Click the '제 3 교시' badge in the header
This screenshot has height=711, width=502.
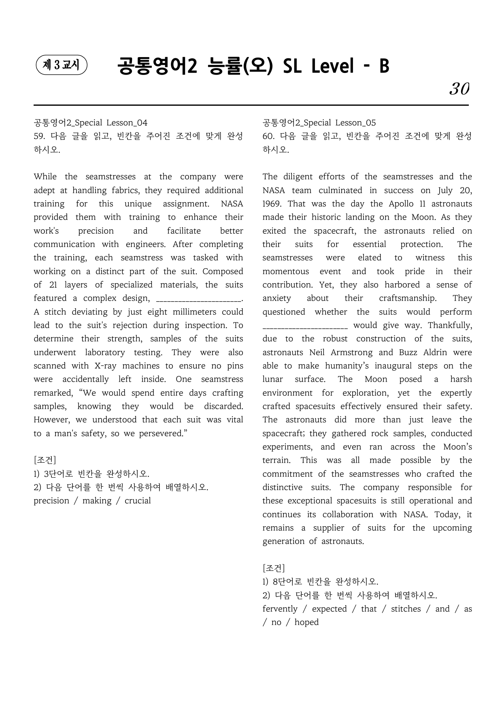[x=62, y=65]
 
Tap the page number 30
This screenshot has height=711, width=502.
[x=459, y=89]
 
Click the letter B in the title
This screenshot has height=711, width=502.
[x=384, y=66]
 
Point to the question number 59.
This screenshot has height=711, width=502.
[x=39, y=136]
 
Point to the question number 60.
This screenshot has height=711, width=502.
[x=268, y=136]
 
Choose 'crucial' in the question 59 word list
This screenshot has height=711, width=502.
[x=138, y=501]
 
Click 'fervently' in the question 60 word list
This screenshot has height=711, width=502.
[x=280, y=609]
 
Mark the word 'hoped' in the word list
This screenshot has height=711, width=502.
[x=306, y=622]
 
